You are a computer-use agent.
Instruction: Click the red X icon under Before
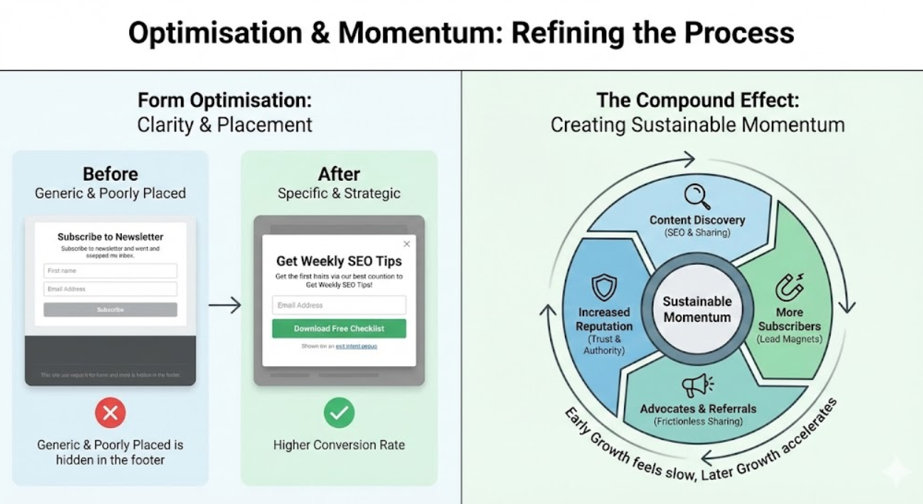coord(110,413)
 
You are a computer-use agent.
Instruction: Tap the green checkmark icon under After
coord(339,413)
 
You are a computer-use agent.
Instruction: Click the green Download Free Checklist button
coord(339,328)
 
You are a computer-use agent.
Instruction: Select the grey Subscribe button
coord(110,309)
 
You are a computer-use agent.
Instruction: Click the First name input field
coord(110,271)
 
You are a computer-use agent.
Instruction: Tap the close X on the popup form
coord(406,244)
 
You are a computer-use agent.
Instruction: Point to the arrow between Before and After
coord(224,305)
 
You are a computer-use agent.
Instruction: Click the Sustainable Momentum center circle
coord(696,309)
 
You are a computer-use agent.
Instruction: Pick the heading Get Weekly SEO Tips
coord(339,260)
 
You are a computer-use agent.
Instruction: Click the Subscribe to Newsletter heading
coord(110,237)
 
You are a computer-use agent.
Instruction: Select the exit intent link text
coord(356,345)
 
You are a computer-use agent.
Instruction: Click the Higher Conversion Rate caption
coord(339,445)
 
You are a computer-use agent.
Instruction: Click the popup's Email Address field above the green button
coord(339,305)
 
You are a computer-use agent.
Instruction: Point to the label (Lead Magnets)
coord(788,339)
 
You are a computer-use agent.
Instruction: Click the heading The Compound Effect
coord(697,100)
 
